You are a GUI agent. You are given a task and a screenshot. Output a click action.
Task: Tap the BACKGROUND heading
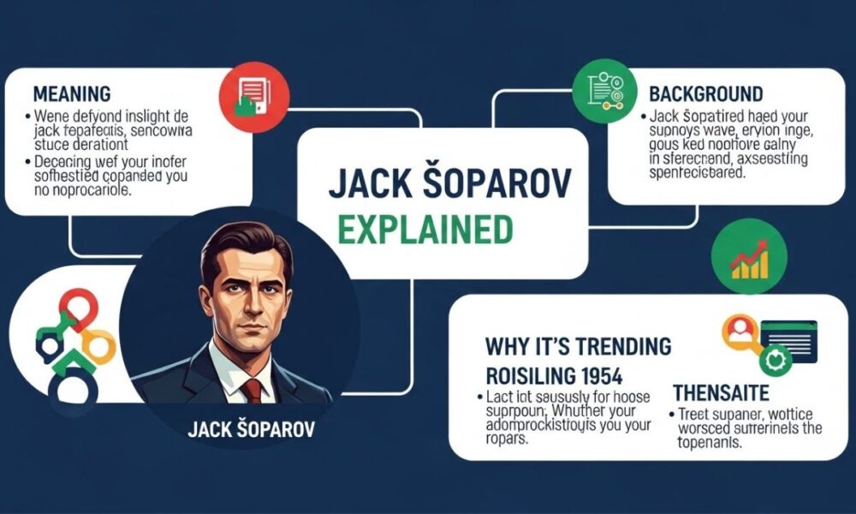tap(706, 93)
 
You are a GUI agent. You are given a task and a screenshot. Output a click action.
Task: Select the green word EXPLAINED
tap(425, 229)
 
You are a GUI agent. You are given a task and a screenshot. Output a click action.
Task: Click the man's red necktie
tap(252, 390)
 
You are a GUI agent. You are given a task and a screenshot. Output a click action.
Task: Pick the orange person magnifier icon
tap(737, 334)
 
